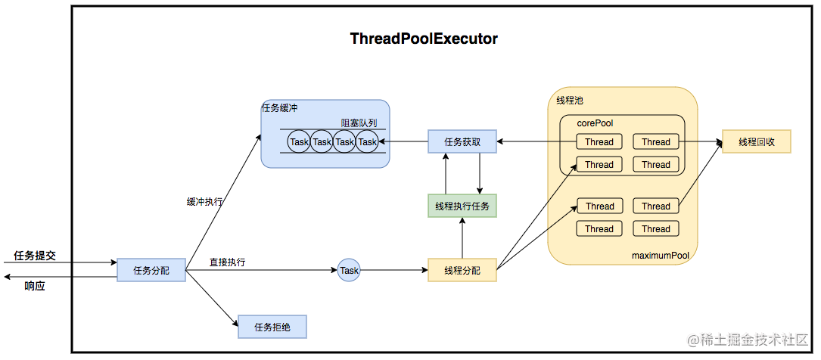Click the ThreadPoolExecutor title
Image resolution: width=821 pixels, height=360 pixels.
pos(424,39)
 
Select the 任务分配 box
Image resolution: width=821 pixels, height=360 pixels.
pos(151,270)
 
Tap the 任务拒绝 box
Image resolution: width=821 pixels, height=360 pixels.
pos(272,327)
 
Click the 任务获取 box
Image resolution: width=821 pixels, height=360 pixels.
pos(462,141)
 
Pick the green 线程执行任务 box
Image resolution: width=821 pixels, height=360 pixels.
pos(462,206)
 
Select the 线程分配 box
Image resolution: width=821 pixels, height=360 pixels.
pos(462,270)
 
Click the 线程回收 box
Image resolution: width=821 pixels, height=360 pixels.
pos(756,141)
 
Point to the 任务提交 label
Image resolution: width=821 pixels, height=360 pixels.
pos(35,256)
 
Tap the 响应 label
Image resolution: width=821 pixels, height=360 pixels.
pos(35,286)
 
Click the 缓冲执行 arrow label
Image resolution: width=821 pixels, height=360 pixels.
pos(205,202)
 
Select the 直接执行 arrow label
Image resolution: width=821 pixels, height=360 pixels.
pos(227,262)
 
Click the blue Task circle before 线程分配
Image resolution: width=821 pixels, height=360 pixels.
pos(349,270)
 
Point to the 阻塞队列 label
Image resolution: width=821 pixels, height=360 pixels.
pos(359,123)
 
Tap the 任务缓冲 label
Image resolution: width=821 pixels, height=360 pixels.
pos(279,108)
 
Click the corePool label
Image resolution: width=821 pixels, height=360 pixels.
pos(595,123)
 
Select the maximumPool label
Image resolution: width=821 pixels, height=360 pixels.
pos(661,256)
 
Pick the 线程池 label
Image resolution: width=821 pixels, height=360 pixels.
pos(569,100)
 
